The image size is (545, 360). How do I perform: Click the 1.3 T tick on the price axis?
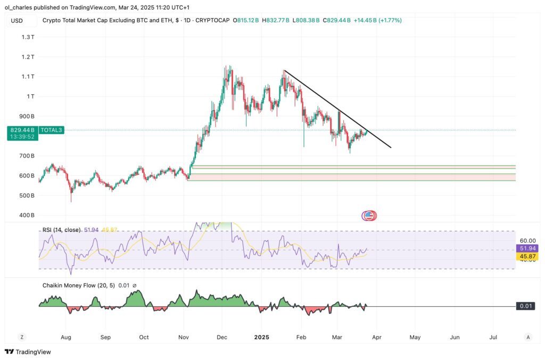(x=28, y=37)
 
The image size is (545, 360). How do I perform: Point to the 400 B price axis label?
(x=27, y=215)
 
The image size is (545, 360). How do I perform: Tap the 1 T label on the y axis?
(x=30, y=96)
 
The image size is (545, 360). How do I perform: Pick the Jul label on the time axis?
(x=493, y=337)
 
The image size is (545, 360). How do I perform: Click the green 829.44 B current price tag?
(x=22, y=130)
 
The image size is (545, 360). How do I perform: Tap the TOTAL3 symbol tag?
(x=52, y=130)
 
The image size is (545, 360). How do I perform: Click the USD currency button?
(x=18, y=20)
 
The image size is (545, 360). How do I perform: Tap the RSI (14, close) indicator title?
(x=61, y=230)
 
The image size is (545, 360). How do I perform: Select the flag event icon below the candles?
(x=368, y=216)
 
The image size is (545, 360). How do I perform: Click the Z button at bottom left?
(x=22, y=337)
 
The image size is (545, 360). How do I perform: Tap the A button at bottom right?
(x=527, y=337)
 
